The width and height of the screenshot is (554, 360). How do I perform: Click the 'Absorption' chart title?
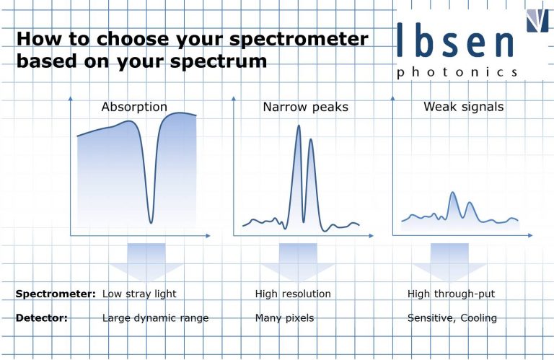tap(134, 107)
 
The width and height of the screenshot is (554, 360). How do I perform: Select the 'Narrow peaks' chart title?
tap(305, 107)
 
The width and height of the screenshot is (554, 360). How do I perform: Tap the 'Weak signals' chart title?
tap(463, 107)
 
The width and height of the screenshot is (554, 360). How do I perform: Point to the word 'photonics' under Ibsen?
tap(457, 72)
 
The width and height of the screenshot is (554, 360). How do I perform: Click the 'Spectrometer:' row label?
tap(56, 294)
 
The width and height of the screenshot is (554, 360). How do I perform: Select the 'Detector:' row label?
tap(41, 318)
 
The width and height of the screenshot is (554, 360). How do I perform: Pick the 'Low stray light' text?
tap(139, 294)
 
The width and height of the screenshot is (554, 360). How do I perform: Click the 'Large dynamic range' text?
tap(155, 318)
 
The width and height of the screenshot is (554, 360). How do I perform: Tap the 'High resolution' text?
tap(293, 294)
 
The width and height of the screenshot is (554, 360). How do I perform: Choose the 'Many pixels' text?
tap(284, 318)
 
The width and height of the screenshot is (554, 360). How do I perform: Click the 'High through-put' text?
tap(451, 294)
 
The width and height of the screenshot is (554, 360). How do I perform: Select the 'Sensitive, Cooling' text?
tap(452, 318)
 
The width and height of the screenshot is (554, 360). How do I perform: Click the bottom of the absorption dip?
tap(150, 221)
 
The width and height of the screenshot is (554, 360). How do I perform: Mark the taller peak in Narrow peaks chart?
tap(299, 127)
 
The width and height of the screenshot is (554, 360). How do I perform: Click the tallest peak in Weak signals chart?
tap(452, 193)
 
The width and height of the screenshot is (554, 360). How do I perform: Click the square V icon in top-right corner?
tap(537, 19)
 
